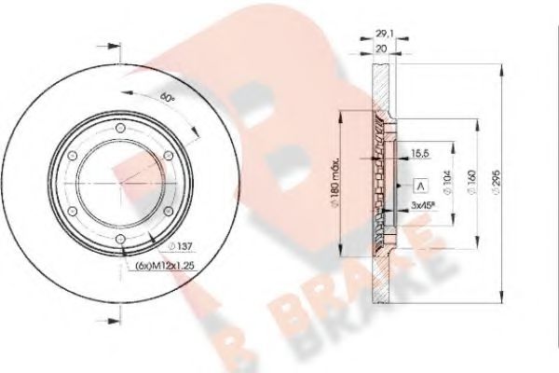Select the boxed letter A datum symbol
(x=419, y=184)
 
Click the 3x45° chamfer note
(x=421, y=205)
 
